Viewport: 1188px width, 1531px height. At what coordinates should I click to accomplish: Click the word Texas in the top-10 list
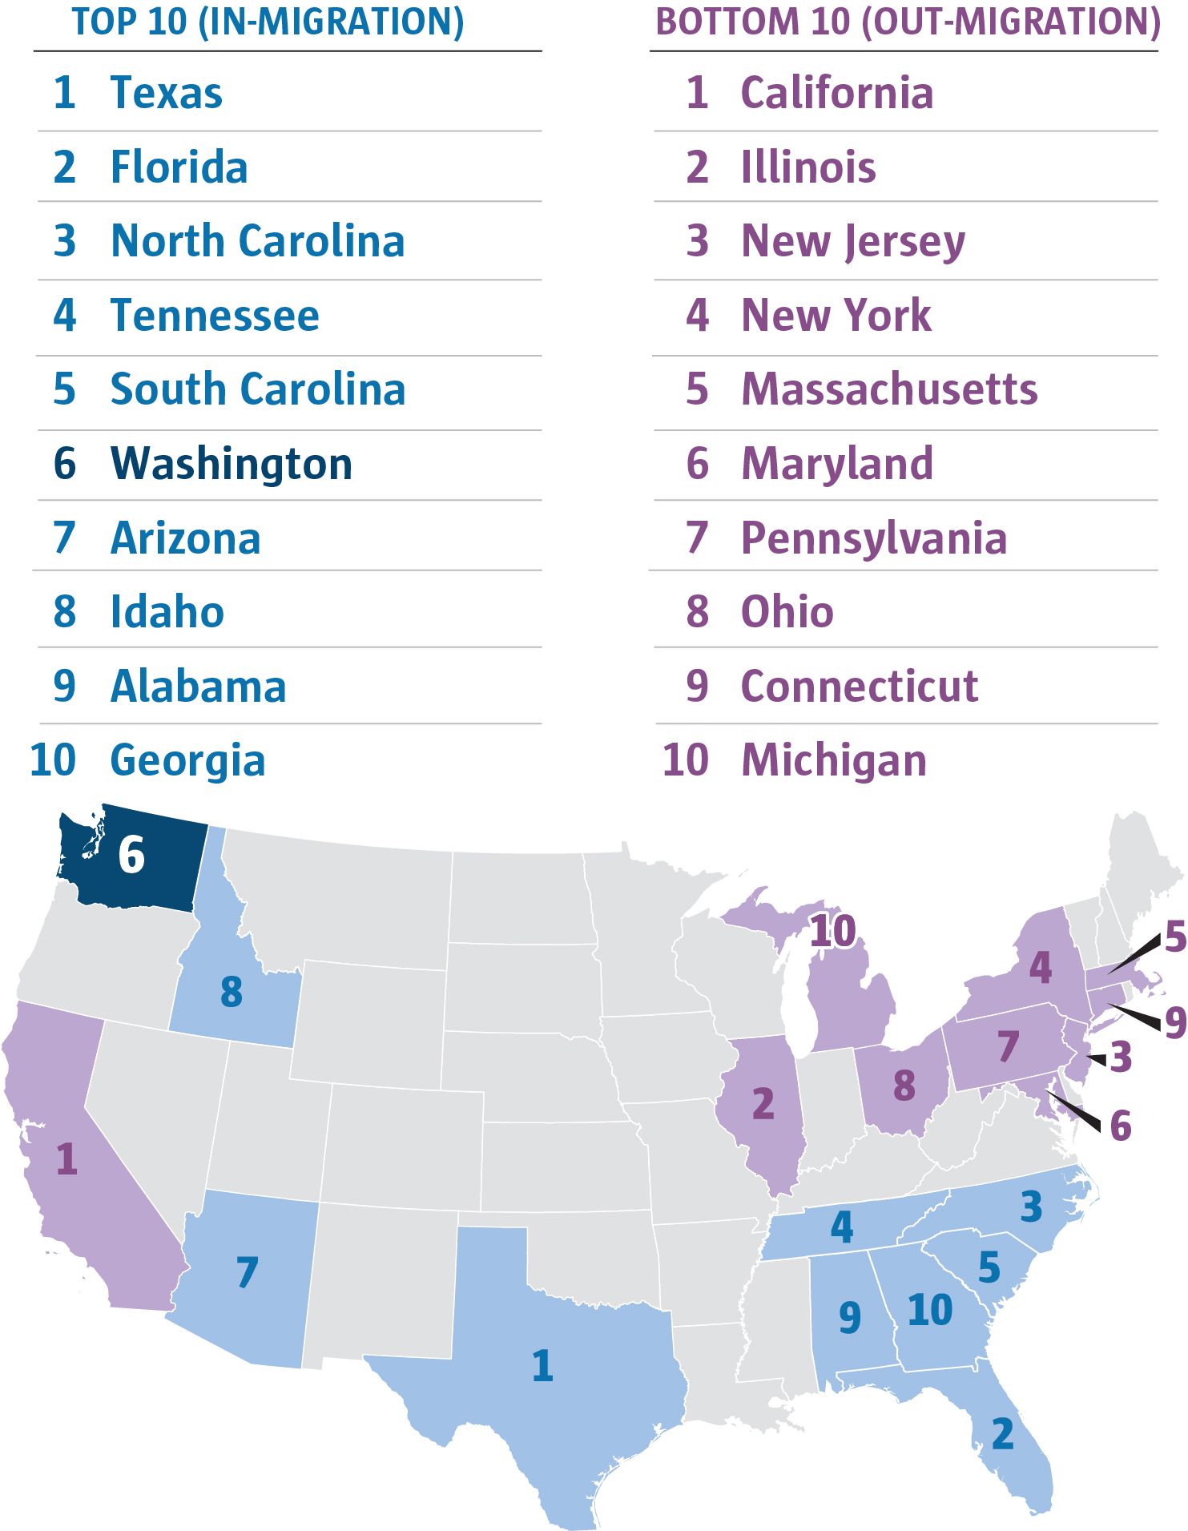click(166, 93)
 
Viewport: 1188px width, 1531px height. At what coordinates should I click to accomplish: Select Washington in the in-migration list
click(231, 464)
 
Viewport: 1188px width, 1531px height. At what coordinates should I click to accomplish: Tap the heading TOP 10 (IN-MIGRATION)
click(268, 22)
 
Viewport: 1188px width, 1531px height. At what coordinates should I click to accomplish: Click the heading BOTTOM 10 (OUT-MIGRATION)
click(908, 22)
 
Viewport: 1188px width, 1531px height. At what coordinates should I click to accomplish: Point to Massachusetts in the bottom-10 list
click(889, 389)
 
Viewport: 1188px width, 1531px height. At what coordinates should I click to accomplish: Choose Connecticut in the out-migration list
click(859, 687)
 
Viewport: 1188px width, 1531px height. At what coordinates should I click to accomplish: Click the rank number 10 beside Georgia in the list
click(53, 760)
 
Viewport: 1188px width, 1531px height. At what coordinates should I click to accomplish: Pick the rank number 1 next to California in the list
click(697, 93)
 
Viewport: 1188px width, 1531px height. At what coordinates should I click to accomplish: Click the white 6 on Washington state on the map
click(131, 855)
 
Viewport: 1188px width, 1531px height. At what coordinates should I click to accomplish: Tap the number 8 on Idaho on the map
click(232, 992)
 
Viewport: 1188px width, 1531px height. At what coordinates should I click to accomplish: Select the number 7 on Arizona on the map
click(248, 1272)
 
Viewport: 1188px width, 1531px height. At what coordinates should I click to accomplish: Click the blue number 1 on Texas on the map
click(542, 1366)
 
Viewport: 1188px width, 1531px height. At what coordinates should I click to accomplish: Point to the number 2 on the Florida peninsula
click(1002, 1434)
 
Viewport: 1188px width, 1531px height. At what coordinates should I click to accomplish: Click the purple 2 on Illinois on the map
click(763, 1104)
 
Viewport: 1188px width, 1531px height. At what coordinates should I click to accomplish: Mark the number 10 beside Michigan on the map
click(833, 932)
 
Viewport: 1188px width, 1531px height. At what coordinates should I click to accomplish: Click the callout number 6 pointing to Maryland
click(1121, 1126)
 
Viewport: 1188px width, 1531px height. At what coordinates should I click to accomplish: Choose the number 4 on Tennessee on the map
click(841, 1227)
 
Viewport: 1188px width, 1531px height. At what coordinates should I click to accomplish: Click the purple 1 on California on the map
click(66, 1159)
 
